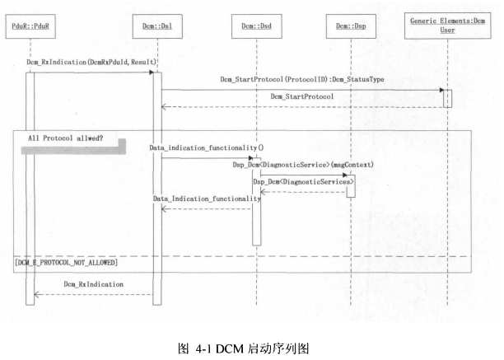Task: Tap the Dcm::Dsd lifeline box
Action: click(255, 30)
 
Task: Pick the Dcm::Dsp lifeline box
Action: click(351, 30)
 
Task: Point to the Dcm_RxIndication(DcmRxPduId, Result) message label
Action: click(91, 63)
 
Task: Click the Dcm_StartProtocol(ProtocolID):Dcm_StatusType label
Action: click(301, 80)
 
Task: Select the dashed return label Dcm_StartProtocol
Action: click(301, 97)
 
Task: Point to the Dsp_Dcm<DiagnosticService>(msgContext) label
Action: click(303, 165)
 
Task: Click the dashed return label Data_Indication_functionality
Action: click(207, 199)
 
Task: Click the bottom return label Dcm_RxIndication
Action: click(93, 284)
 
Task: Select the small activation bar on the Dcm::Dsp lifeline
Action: click(350, 185)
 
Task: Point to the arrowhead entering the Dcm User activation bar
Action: click(441, 90)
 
